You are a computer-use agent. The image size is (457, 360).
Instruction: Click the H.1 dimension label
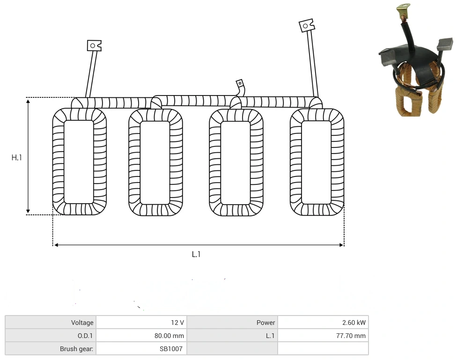tap(16, 158)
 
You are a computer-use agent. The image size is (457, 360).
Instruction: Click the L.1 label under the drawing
tap(196, 255)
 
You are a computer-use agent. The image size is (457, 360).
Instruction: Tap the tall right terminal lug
tap(307, 26)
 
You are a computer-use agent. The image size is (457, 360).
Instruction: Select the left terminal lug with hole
tap(94, 45)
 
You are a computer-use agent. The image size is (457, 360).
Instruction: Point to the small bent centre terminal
tap(241, 87)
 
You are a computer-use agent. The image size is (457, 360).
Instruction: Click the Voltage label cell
tap(82, 323)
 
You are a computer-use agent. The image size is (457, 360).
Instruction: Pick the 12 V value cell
tap(177, 323)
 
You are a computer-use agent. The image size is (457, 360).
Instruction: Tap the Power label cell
tap(265, 323)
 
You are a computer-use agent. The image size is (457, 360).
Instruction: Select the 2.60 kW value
tap(354, 323)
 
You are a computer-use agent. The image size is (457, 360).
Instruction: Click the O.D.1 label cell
tap(85, 336)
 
